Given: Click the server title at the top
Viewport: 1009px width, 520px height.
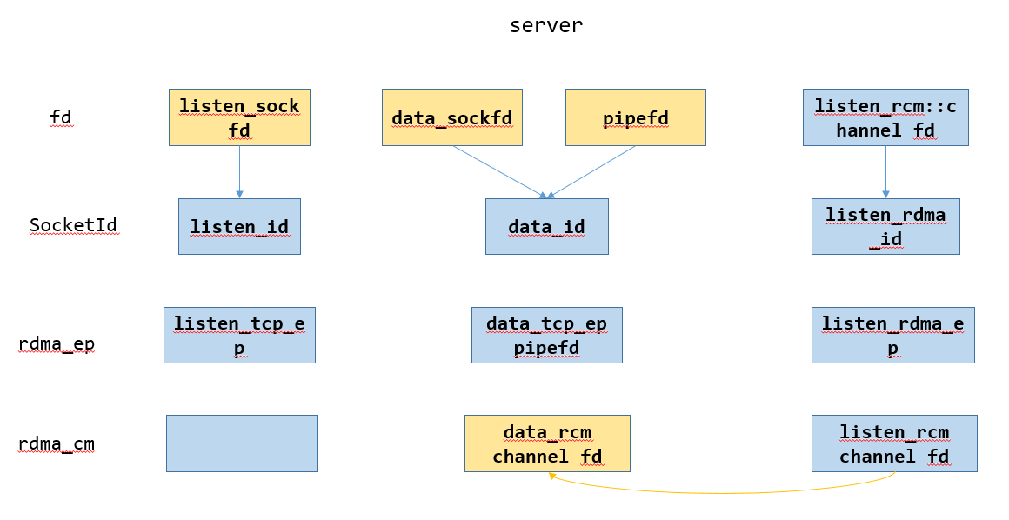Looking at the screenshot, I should coord(546,26).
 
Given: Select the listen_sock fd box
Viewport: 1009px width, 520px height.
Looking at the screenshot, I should coord(239,117).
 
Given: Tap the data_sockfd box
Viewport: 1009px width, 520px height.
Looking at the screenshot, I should coord(452,117).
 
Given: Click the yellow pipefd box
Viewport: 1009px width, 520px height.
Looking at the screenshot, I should coord(635,117).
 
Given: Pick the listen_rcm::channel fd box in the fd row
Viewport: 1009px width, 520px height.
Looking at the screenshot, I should coord(885,117).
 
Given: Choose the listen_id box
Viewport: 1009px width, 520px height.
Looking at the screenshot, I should coord(239,227).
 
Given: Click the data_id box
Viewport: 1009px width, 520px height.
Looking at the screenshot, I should coord(546,227).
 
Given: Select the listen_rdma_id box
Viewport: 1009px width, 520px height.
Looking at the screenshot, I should coord(885,227).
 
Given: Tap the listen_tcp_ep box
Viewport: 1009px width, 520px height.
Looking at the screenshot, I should coord(239,335).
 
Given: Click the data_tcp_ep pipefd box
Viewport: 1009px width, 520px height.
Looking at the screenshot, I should coord(546,335).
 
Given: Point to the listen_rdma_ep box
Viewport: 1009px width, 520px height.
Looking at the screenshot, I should coord(892,335).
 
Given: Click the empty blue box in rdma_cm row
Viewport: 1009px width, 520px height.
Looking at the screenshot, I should coord(242,443).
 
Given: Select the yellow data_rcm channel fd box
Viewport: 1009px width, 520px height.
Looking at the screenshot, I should coord(546,443).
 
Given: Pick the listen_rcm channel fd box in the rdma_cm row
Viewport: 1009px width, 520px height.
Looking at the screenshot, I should coord(893,443).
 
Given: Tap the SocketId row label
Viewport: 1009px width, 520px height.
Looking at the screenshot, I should coord(73,226).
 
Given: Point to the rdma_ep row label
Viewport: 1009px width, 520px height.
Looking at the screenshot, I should coord(57,344).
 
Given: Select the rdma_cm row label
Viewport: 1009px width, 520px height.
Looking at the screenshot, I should coord(57,444).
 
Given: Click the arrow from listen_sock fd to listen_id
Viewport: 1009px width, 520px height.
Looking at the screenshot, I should coord(239,170).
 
